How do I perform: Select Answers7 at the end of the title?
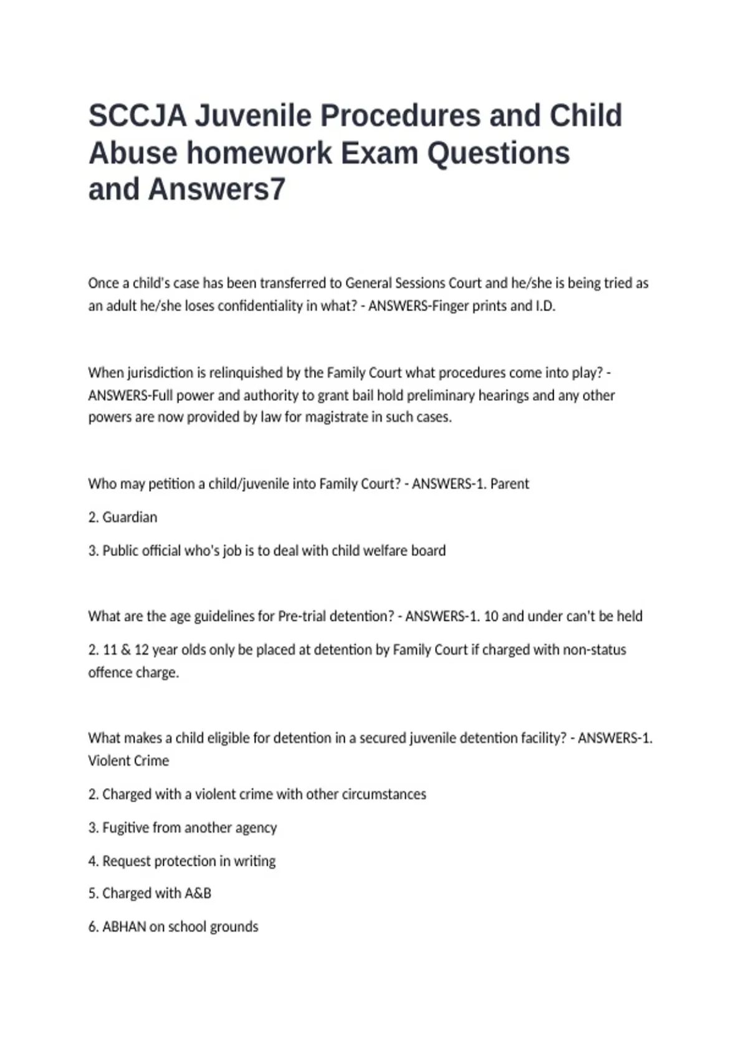216,190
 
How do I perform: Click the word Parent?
509,484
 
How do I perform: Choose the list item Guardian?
130,518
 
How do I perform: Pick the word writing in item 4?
254,861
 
